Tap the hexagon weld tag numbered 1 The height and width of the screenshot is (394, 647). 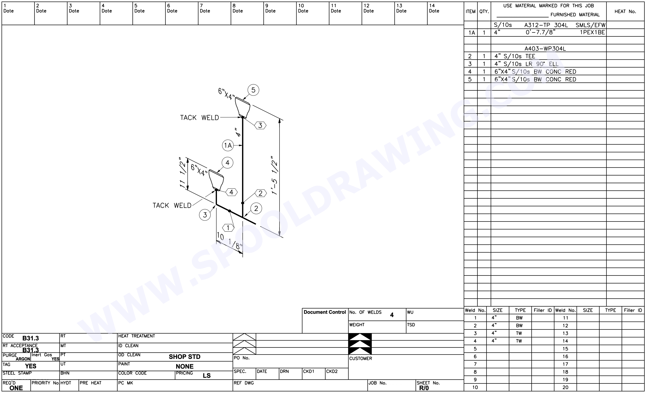[x=228, y=228]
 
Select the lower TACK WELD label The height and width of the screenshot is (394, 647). [x=172, y=205]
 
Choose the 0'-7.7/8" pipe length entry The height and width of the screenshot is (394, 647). [x=540, y=32]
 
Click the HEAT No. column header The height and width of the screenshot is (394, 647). [x=625, y=12]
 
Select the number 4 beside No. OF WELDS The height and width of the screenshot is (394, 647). [x=392, y=315]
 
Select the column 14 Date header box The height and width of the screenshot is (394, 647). [x=445, y=13]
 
